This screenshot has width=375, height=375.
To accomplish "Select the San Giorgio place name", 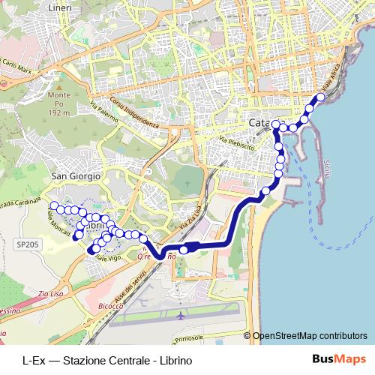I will point(75,175).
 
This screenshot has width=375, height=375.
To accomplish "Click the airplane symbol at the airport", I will point(180,316).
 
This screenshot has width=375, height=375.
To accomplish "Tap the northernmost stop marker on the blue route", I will point(321,97).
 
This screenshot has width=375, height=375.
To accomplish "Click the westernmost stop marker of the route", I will point(54,205).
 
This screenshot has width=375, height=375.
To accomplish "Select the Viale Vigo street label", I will point(108,258).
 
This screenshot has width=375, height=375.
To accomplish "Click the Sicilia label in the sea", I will point(328,172).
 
